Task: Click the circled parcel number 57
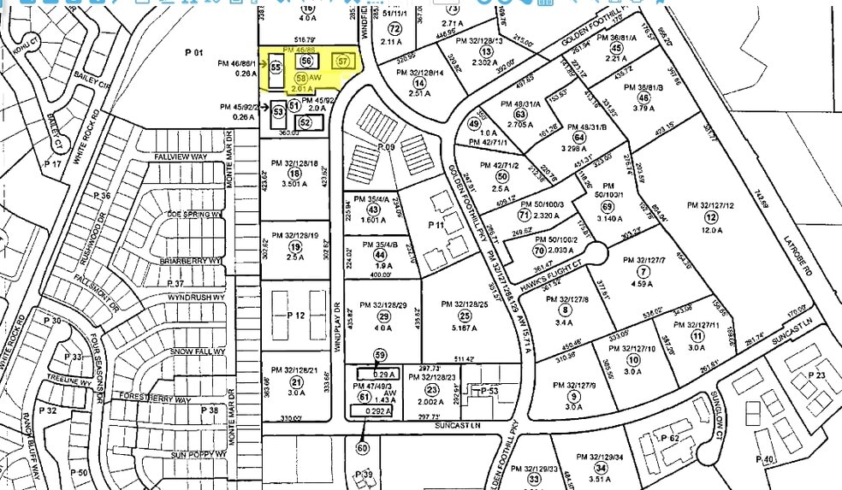pos(344,61)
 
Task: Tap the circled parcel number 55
pos(276,67)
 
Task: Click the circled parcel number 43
pos(372,210)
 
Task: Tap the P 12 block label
pos(296,316)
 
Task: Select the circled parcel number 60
pos(362,447)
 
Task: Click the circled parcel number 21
pos(297,381)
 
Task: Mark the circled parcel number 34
pos(602,468)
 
